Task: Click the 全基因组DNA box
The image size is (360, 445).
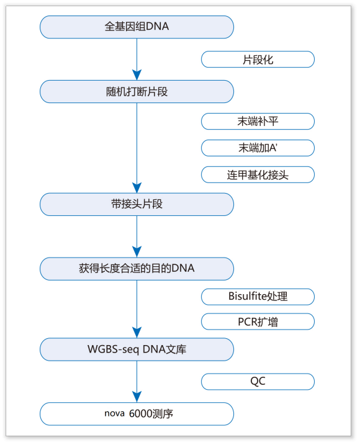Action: click(137, 27)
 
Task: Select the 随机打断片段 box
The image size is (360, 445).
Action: click(137, 91)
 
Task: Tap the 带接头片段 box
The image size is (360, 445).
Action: click(137, 204)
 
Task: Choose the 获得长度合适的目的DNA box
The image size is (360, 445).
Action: click(137, 269)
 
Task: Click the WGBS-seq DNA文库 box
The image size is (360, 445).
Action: click(137, 349)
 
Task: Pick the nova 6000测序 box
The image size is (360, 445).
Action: click(137, 413)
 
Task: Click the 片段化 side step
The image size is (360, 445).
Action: click(258, 60)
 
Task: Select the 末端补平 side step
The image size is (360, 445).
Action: click(258, 121)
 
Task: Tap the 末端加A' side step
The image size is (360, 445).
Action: click(258, 148)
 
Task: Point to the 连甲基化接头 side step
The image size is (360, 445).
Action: click(258, 174)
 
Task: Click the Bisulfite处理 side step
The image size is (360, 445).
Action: click(258, 297)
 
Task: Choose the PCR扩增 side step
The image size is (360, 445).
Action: click(258, 321)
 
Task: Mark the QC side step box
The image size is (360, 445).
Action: click(258, 382)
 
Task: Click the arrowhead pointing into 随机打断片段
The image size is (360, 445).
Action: click(137, 74)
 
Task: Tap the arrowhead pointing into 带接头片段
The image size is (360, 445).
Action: click(137, 187)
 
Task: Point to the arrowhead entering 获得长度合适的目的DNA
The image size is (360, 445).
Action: click(137, 252)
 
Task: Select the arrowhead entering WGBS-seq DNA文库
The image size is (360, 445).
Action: click(137, 332)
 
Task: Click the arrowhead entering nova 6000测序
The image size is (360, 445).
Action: click(137, 397)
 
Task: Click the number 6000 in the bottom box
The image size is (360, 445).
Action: click(141, 413)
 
